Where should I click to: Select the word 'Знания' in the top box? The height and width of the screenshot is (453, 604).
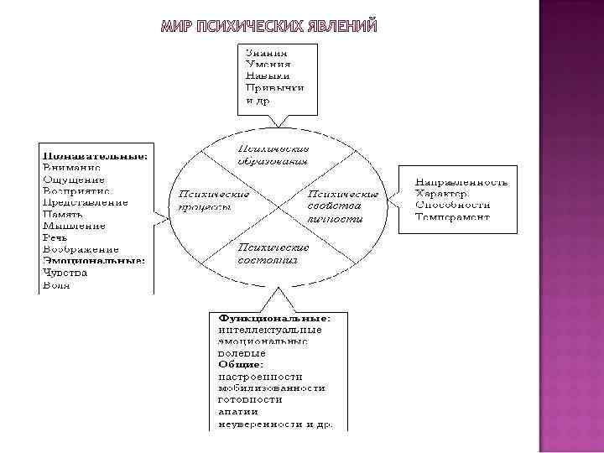coord(263,52)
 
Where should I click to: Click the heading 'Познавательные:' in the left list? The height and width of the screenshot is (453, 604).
coord(96,156)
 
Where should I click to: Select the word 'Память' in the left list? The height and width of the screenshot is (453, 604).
coord(64,214)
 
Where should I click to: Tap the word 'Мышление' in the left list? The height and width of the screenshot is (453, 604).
coord(74,226)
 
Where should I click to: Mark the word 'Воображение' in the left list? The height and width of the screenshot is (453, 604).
coord(81,249)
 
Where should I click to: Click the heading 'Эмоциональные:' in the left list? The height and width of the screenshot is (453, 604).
coord(94,261)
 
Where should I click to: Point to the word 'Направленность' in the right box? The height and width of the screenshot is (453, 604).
coord(461,182)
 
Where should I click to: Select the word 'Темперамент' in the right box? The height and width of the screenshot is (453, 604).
coord(452,217)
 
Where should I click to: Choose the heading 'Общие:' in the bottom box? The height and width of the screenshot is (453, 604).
coord(241,365)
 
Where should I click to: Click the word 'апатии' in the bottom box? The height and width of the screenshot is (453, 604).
coord(238,412)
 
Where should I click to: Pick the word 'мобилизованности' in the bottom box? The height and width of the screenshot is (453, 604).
coord(272,388)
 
